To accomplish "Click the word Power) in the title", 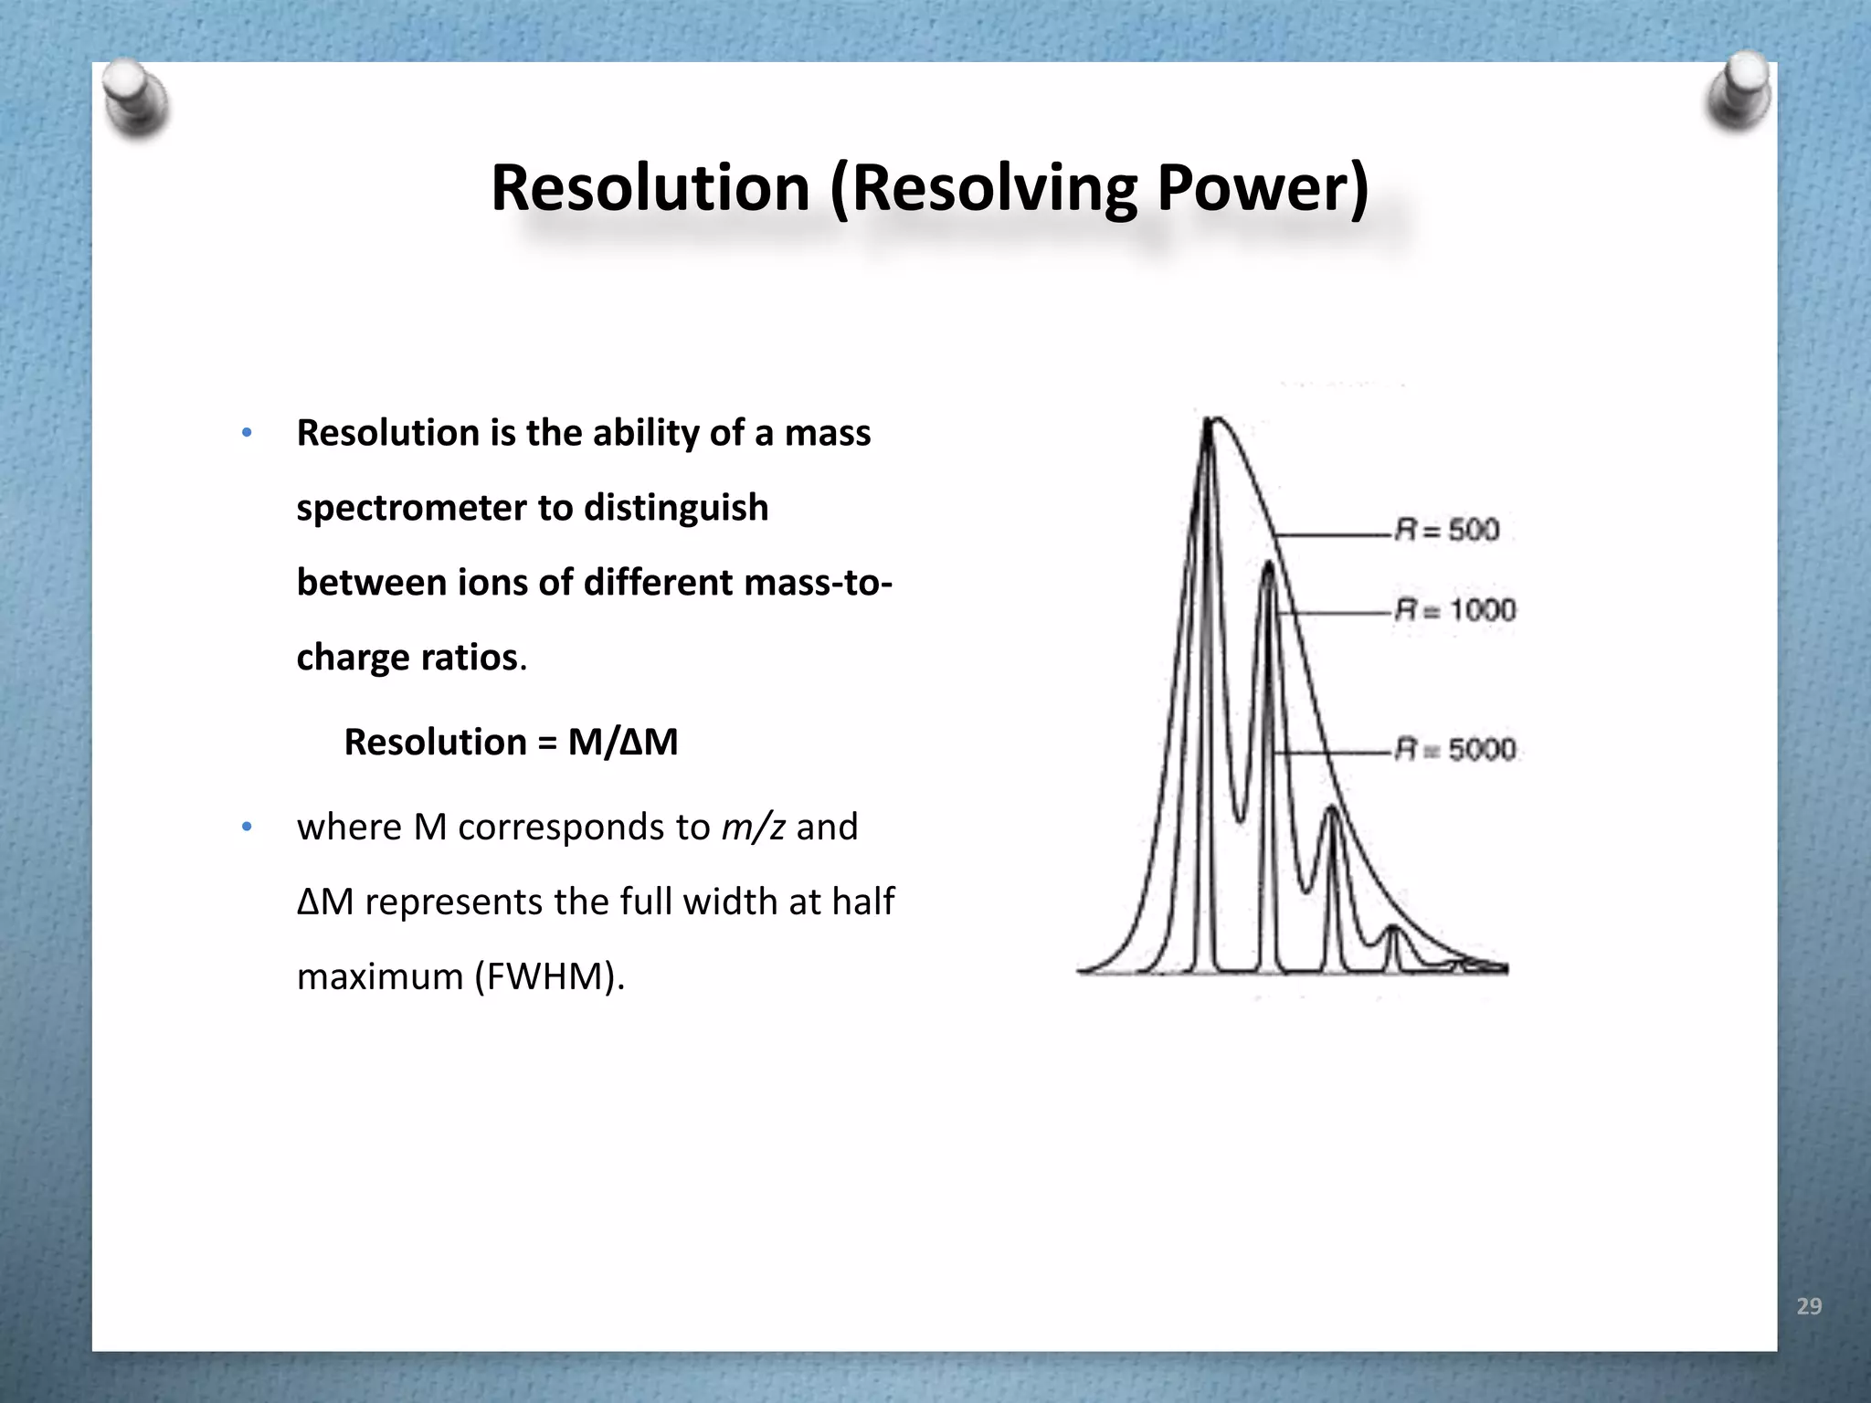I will click(1263, 188).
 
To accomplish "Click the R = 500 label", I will click(1447, 531).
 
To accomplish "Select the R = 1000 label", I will click(1455, 610).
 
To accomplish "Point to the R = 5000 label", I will click(1455, 750).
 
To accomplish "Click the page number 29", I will click(1809, 1306).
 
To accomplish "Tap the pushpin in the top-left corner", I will click(133, 99).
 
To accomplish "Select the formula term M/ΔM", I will click(623, 742).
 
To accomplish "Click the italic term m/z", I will click(753, 827).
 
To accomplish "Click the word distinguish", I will click(676, 508).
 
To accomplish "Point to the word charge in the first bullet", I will click(352, 658).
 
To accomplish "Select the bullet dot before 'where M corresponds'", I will click(246, 828).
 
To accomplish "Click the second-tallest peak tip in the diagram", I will click(1268, 564).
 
